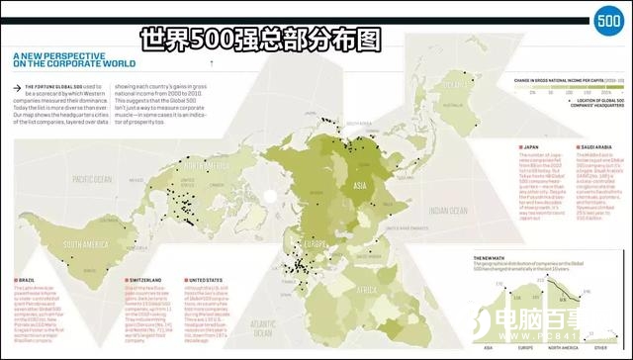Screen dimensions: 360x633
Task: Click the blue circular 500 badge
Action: tap(606, 22)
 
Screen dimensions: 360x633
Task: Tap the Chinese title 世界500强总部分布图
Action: tap(260, 41)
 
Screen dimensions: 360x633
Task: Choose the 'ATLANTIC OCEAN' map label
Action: tap(264, 326)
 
